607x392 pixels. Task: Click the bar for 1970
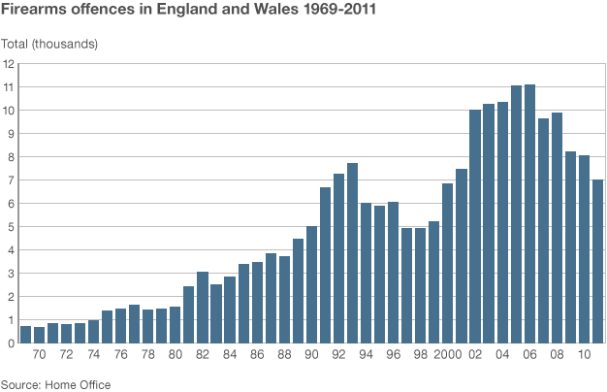39,335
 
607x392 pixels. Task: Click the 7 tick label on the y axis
9,180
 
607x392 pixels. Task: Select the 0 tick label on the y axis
9,343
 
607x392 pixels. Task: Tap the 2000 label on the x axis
448,356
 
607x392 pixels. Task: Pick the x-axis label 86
257,356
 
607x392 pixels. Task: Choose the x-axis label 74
93,356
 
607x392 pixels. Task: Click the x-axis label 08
557,356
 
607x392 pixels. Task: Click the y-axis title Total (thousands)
49,44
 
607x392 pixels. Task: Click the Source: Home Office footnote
55,384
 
